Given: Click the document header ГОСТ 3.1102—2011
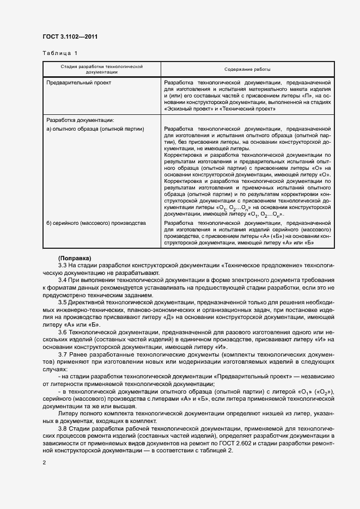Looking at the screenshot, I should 70,38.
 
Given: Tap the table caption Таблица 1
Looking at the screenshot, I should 60,53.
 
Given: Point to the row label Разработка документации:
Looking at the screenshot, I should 80,120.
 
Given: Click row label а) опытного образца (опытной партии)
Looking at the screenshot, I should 95,129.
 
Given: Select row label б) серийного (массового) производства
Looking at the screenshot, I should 96,223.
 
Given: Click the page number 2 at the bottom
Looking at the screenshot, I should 45,463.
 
